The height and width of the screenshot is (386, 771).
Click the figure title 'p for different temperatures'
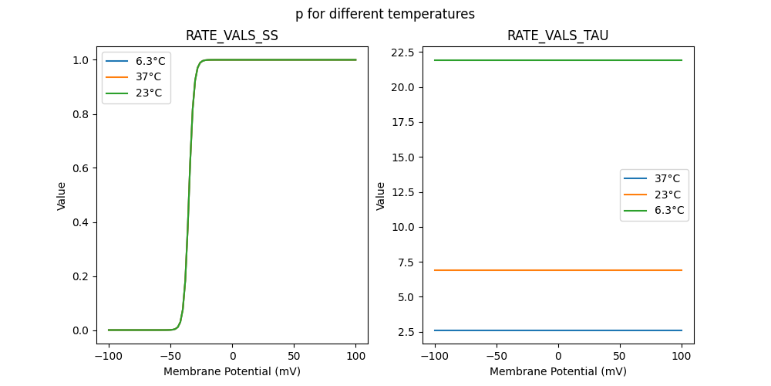pyautogui.click(x=385, y=14)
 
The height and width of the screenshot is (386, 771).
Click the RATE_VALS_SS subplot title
pyautogui.click(x=231, y=36)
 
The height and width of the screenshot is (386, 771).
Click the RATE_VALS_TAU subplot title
pyautogui.click(x=557, y=36)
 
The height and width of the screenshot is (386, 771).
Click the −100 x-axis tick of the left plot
pyautogui.click(x=109, y=356)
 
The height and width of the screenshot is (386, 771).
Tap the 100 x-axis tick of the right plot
pyautogui.click(x=682, y=356)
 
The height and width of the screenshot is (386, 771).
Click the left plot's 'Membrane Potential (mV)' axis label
pyautogui.click(x=232, y=371)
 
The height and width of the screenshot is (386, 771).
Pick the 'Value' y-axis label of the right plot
pyautogui.click(x=380, y=195)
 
